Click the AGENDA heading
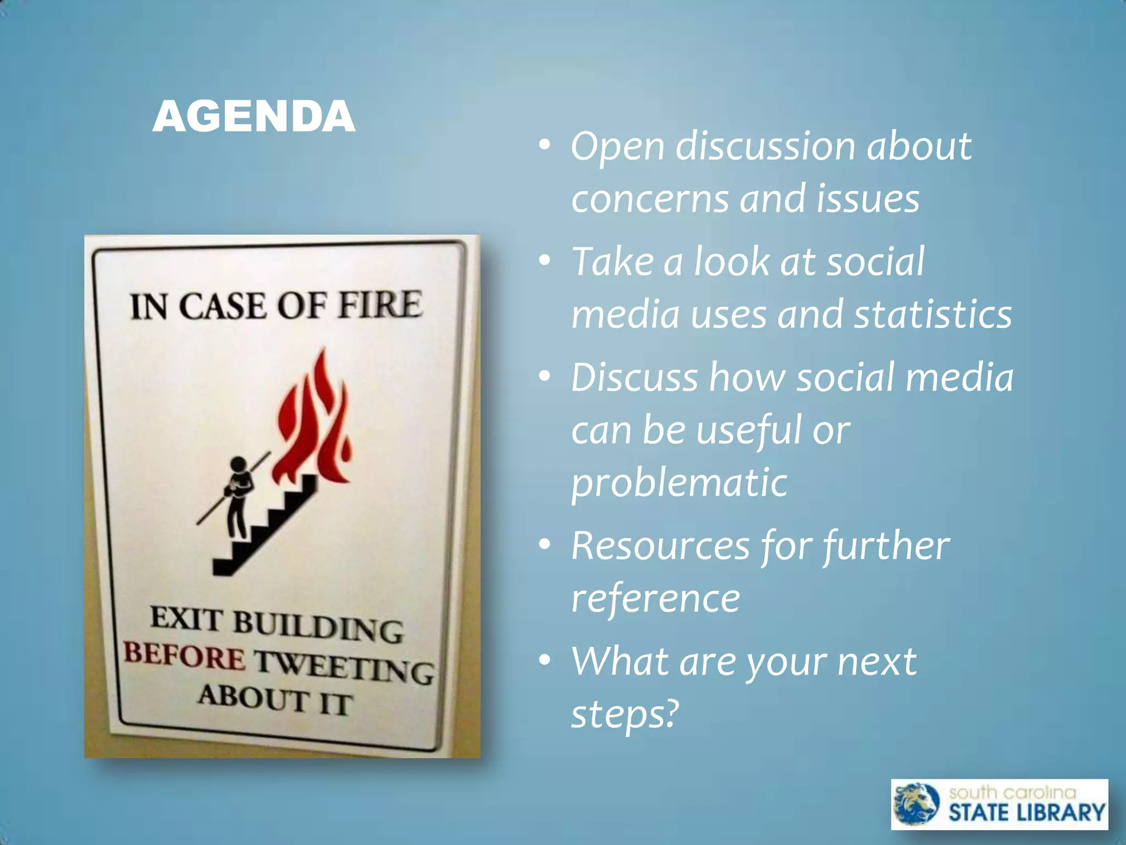pyautogui.click(x=253, y=117)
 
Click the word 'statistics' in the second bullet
pyautogui.click(x=932, y=315)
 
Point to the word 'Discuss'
pyautogui.click(x=634, y=377)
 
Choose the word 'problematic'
pyautogui.click(x=680, y=483)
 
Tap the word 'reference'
pyautogui.click(x=655, y=599)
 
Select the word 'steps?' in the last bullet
pyautogui.click(x=625, y=714)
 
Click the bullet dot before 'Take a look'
pyautogui.click(x=544, y=261)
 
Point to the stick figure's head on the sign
pyautogui.click(x=238, y=465)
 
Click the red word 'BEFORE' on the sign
pyautogui.click(x=184, y=656)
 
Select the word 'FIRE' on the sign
pyautogui.click(x=379, y=304)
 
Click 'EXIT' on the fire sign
pyautogui.click(x=186, y=618)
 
